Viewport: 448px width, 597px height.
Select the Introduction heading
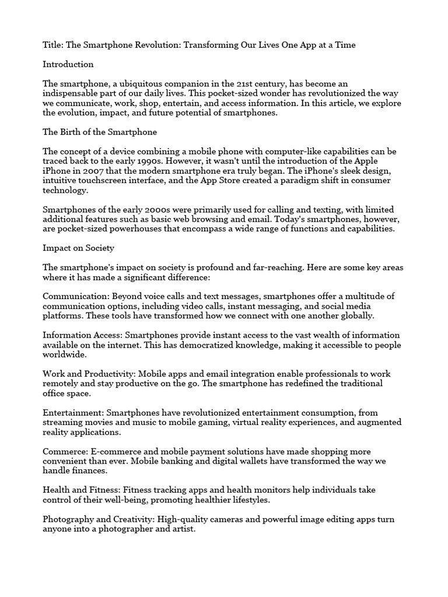pyautogui.click(x=68, y=64)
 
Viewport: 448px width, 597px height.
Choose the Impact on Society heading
pyautogui.click(x=78, y=248)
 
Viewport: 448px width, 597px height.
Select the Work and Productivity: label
pyautogui.click(x=87, y=374)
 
